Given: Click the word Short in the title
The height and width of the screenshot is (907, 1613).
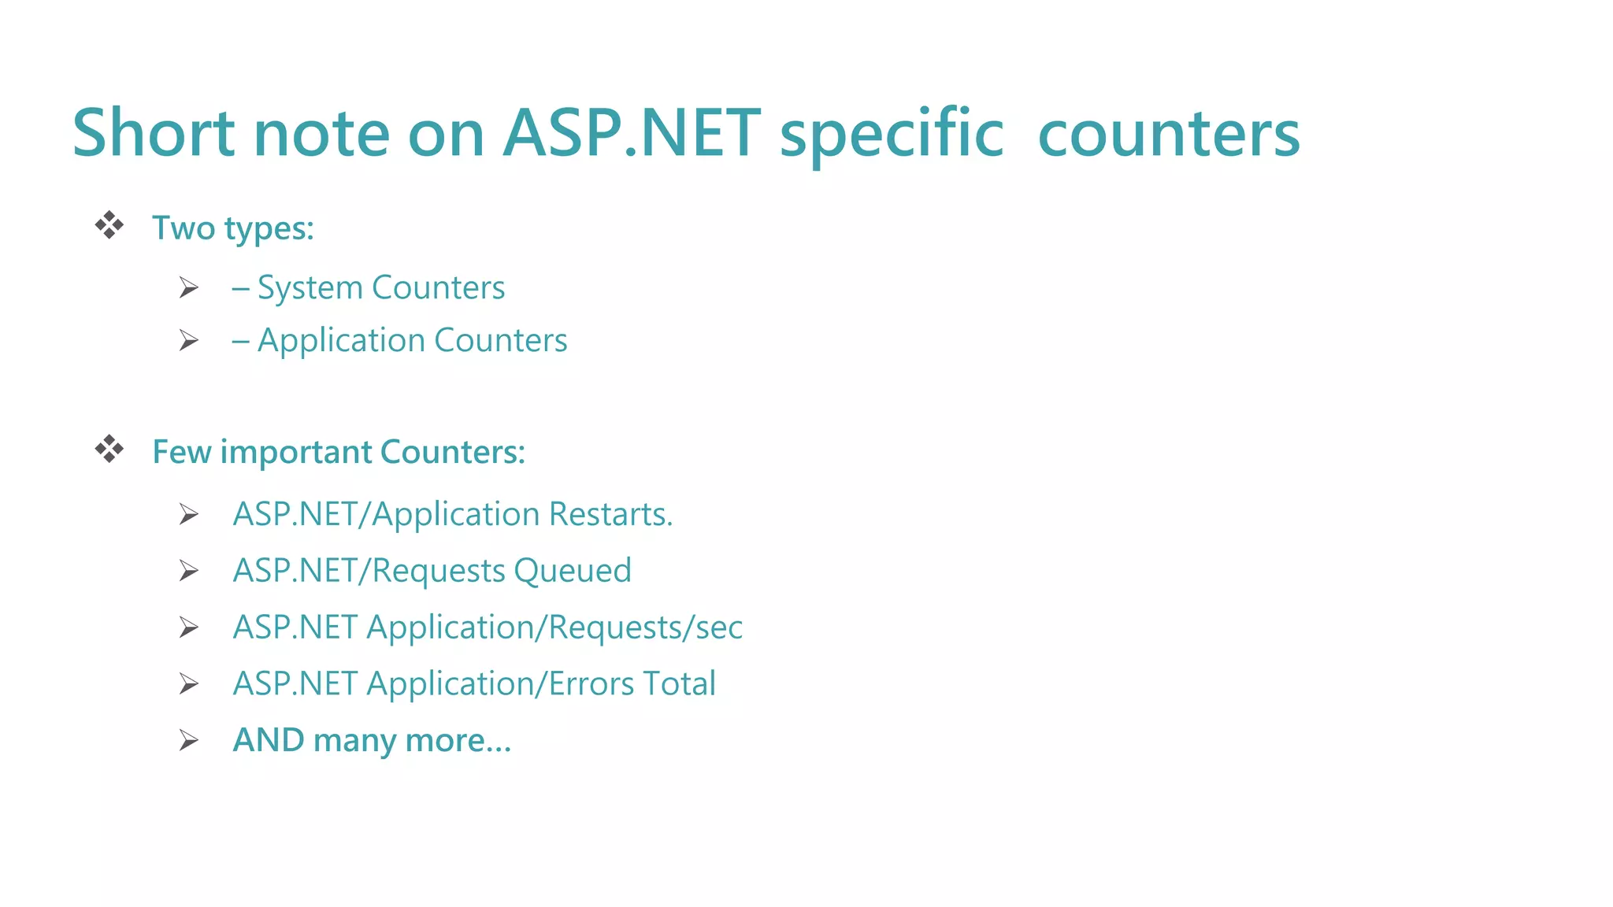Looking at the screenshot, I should (x=154, y=133).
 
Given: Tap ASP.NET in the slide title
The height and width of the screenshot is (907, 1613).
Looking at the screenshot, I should (x=632, y=133).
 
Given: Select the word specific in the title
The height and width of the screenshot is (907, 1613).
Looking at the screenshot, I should (x=892, y=135).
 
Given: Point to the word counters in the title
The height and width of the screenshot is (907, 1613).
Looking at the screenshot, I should (x=1169, y=135).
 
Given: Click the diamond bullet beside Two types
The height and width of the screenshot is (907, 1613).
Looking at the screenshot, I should (x=109, y=226).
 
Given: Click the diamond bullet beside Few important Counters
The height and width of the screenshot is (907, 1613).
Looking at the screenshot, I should (x=109, y=450).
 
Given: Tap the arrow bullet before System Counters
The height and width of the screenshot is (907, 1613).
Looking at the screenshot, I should (x=188, y=288).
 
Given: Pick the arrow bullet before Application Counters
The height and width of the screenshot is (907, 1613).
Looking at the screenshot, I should (x=188, y=341).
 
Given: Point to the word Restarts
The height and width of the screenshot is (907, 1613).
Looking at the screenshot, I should (x=610, y=514).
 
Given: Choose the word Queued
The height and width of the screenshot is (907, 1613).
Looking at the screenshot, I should (x=573, y=571).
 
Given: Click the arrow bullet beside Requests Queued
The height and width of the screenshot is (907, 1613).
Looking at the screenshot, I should (x=188, y=571).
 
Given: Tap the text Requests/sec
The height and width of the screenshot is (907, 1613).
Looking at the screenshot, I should (x=645, y=627).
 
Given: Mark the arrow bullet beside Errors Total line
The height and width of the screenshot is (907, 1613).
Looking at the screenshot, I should (x=188, y=683).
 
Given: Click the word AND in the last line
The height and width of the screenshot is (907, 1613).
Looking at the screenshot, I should (x=269, y=740).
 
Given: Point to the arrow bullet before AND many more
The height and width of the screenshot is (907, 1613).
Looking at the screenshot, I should (x=188, y=740).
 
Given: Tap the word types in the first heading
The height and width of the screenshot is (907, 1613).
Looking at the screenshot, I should (x=269, y=229).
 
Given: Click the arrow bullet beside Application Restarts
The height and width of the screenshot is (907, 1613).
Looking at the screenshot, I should (x=188, y=515).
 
